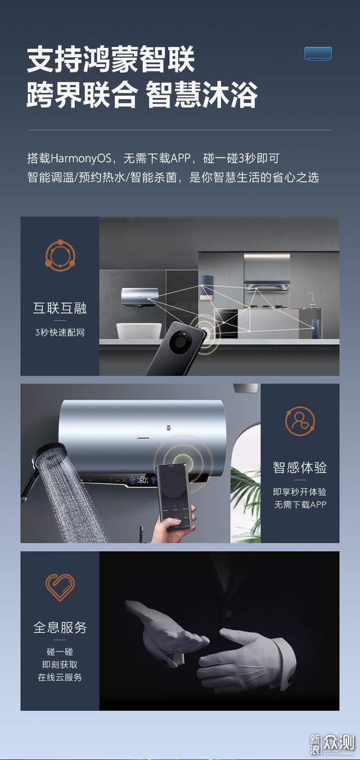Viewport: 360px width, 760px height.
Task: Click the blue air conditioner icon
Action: pyautogui.click(x=318, y=53)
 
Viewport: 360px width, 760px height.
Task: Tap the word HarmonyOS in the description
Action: pyautogui.click(x=81, y=158)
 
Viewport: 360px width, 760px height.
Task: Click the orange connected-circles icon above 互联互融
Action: pyautogui.click(x=60, y=255)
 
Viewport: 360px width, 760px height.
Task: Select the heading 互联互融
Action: pyautogui.click(x=60, y=308)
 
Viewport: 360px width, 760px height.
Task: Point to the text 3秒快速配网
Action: pyautogui.click(x=60, y=332)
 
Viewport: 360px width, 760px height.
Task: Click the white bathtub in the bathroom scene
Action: pyautogui.click(x=139, y=330)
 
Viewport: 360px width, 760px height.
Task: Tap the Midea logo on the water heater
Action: pyautogui.click(x=142, y=438)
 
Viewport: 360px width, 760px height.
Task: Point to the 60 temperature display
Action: pyautogui.click(x=143, y=480)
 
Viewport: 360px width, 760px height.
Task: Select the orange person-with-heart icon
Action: pyautogui.click(x=300, y=421)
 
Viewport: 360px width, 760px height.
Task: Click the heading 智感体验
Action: pyautogui.click(x=300, y=467)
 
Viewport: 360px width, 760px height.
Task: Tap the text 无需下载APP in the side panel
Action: pyautogui.click(x=300, y=505)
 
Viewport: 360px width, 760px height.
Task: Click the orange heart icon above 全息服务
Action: pyautogui.click(x=60, y=587)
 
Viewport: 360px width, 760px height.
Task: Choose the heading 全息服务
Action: pyautogui.click(x=60, y=627)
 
